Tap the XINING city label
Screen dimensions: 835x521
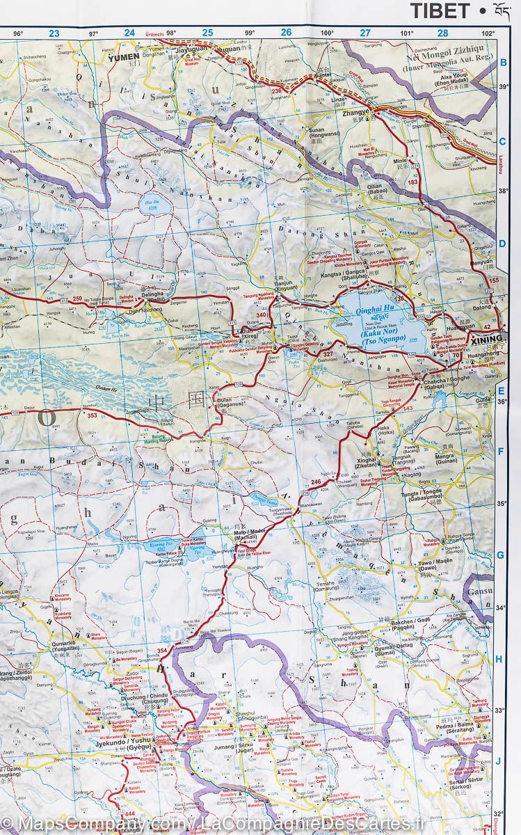485,341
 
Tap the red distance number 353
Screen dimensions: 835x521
93,415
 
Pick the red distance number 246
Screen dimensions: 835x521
316,482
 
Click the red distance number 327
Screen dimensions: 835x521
328,355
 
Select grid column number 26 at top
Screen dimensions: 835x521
286,32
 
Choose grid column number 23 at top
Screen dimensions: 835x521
54,32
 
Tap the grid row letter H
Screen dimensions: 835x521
500,658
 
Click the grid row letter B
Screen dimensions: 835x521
503,63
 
